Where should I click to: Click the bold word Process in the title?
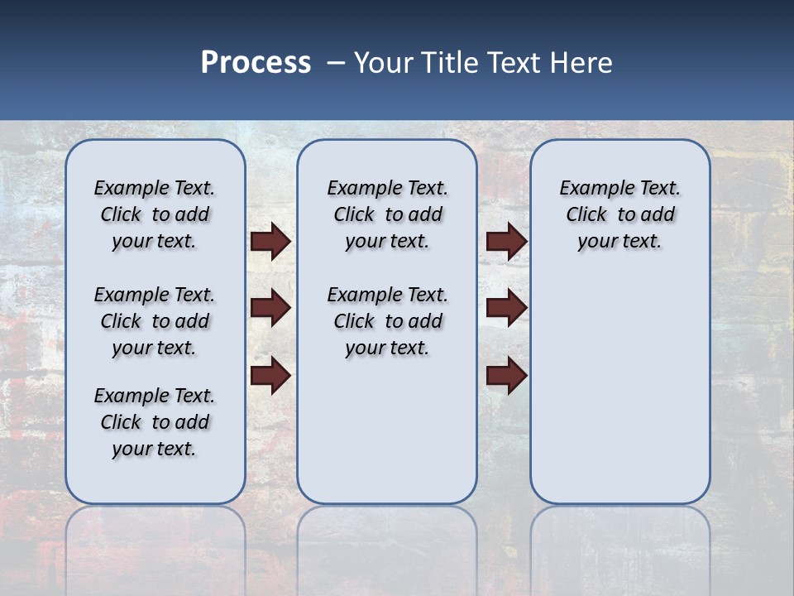(x=256, y=63)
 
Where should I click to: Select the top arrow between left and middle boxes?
(x=270, y=242)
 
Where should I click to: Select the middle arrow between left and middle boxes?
(x=270, y=308)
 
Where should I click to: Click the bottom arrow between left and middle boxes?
(x=270, y=376)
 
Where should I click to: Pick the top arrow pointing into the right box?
(x=506, y=242)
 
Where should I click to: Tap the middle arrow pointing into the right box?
(x=506, y=308)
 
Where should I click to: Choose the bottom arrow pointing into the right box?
(x=506, y=376)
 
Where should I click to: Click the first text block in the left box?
(x=155, y=214)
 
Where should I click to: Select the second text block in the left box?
(x=155, y=321)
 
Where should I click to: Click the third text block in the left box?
(x=155, y=422)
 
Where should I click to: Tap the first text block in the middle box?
(x=387, y=214)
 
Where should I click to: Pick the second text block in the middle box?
(x=387, y=321)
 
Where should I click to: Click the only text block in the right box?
(x=619, y=214)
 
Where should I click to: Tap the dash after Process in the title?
(x=336, y=63)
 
